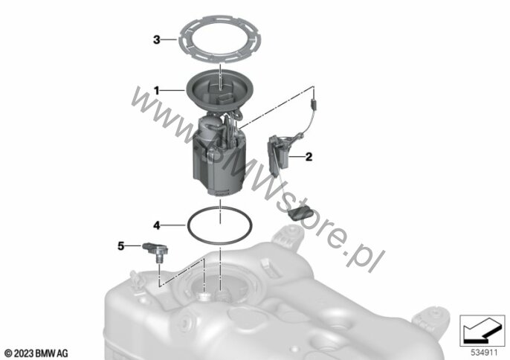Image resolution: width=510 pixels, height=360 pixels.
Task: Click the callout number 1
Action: click(156, 91)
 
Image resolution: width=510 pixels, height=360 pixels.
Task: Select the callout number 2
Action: click(309, 157)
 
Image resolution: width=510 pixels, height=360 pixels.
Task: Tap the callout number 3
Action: click(157, 40)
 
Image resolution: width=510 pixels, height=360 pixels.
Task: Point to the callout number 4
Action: click(157, 225)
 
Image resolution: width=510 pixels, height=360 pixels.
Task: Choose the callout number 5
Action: click(121, 246)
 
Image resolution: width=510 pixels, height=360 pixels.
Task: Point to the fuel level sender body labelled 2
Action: click(278, 151)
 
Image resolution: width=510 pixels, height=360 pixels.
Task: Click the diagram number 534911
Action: click(484, 353)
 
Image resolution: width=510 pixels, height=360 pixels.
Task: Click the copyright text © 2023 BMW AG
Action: click(36, 353)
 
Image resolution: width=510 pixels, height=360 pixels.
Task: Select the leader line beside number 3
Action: click(170, 40)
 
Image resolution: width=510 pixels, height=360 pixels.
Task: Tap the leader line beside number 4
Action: click(174, 225)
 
